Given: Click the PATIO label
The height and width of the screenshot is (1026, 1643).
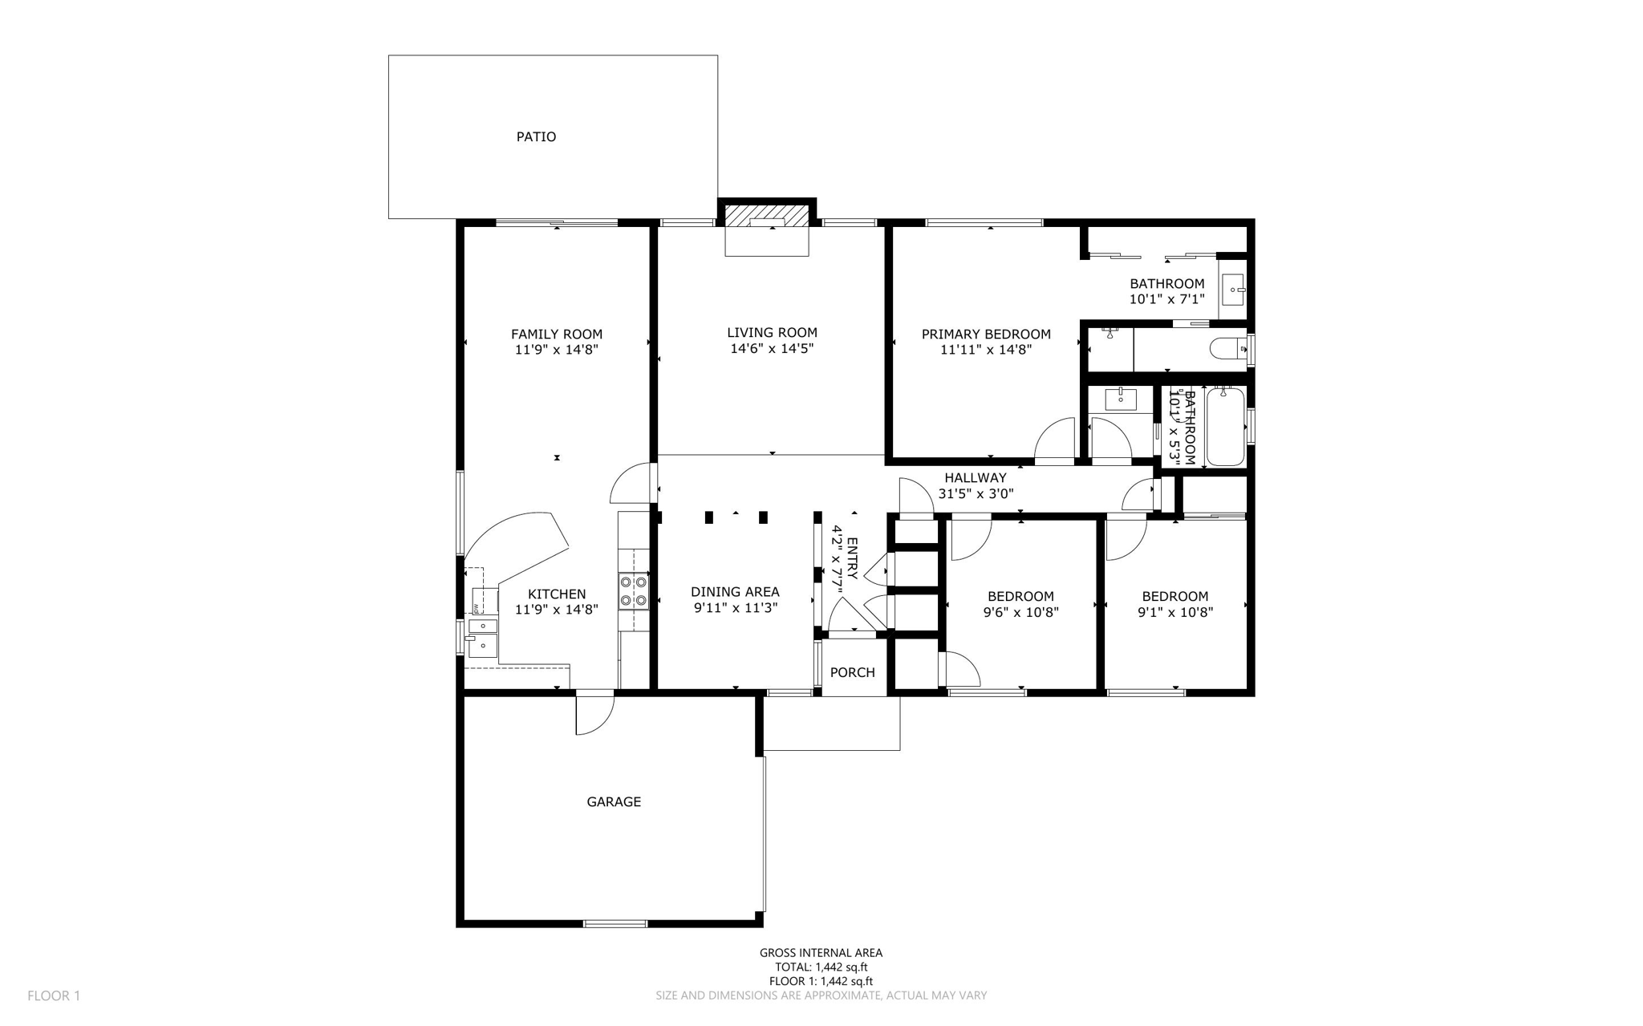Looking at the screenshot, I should [536, 136].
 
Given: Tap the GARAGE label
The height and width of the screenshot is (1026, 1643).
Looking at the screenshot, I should [614, 801].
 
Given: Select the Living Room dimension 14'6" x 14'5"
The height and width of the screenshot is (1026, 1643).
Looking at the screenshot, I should [772, 348].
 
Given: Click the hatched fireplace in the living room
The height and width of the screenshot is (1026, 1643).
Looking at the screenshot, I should [766, 214].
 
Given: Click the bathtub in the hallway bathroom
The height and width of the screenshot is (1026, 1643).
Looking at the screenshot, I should [1225, 426].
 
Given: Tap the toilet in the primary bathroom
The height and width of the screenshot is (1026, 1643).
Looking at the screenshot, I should [1227, 349].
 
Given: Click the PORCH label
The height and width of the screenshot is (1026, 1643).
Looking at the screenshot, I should [852, 672].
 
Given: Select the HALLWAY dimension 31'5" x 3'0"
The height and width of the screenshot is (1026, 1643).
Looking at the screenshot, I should [976, 494].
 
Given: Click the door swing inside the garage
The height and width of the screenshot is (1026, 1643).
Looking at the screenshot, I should [594, 715].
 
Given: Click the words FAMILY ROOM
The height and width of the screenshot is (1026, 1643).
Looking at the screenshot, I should [557, 334].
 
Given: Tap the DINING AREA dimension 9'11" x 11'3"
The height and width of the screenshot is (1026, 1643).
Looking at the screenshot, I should [736, 608].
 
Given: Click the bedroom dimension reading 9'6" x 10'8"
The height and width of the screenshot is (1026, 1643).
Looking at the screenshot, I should [1020, 612].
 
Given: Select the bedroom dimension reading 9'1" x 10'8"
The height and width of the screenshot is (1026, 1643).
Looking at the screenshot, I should [1175, 612].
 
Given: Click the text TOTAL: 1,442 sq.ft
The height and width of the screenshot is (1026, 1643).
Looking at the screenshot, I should [821, 967].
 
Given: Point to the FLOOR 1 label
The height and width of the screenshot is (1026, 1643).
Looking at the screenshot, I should [54, 996].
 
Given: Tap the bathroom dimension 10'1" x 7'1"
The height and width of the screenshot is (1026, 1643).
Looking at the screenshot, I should [1166, 299].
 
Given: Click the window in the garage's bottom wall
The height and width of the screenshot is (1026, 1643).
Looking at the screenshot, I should [615, 923].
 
